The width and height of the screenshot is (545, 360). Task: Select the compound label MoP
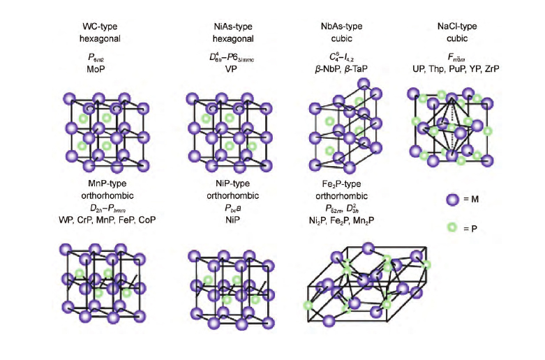point(102,70)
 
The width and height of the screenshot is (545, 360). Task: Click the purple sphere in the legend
point(454,200)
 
